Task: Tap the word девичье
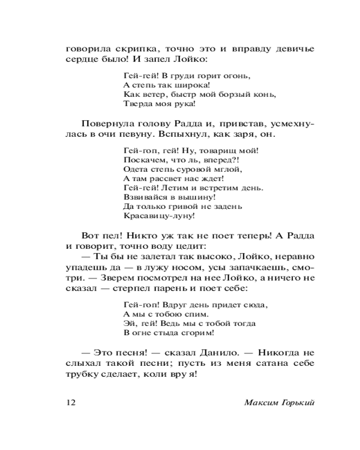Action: pos(291,49)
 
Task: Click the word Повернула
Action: pos(105,124)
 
